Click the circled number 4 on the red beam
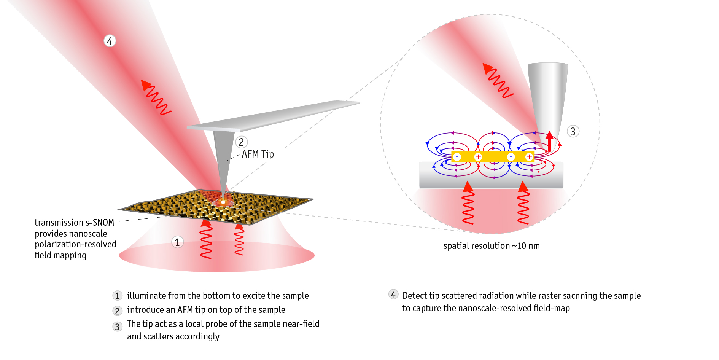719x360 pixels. (110, 41)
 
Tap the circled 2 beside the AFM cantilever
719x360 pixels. (241, 142)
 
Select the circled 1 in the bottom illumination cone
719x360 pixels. (177, 242)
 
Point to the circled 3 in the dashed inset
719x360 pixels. (573, 131)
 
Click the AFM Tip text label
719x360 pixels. (258, 154)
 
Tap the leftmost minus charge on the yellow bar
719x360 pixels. (457, 157)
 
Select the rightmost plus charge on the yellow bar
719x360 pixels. (529, 157)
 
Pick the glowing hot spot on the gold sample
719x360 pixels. (223, 201)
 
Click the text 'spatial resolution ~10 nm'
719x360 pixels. (492, 246)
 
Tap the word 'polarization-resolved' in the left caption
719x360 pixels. (75, 244)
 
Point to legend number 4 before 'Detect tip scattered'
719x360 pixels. (393, 295)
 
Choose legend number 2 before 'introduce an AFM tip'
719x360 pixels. (117, 311)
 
